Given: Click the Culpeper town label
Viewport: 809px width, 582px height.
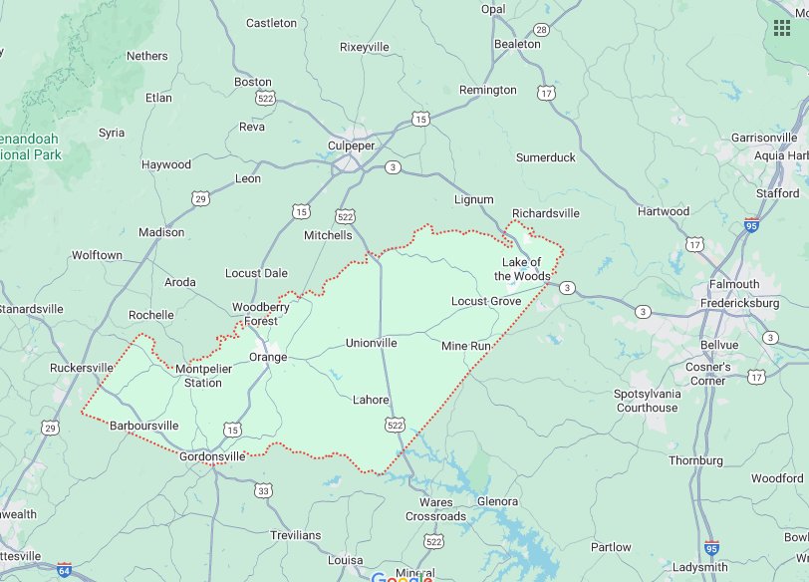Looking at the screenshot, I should [x=351, y=145].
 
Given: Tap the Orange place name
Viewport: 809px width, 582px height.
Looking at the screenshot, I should [x=268, y=357].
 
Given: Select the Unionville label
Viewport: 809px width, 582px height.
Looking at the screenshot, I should [x=371, y=343].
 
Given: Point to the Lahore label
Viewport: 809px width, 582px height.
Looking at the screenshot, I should [x=371, y=400].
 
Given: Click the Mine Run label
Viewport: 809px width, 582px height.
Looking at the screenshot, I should [x=466, y=345].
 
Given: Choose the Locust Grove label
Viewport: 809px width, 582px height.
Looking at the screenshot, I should [x=485, y=301].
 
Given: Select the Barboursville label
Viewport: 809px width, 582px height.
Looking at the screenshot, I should [x=143, y=426].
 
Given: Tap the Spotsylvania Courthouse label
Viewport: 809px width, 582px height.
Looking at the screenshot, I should [x=647, y=401].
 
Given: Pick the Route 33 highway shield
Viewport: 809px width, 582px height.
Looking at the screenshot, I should [x=263, y=490].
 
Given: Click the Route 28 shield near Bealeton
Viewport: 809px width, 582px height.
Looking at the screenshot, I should [x=540, y=30].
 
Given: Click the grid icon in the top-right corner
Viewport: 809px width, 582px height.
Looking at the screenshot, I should [x=782, y=27].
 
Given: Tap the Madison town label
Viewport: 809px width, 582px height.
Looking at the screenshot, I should [x=161, y=232].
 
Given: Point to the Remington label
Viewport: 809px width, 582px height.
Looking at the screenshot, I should [x=488, y=90].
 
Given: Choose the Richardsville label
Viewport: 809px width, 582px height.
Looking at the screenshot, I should [x=545, y=213].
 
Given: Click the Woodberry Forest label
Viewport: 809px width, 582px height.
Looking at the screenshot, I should [x=261, y=314].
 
